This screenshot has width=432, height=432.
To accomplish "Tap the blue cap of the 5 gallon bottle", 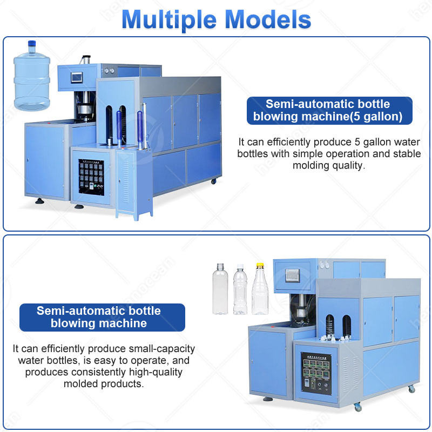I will [x=32, y=44].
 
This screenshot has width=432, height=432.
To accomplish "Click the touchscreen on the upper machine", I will [x=77, y=77].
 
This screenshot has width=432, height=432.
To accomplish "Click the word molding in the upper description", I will [x=314, y=166].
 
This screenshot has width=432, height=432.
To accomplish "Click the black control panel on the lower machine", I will [x=316, y=373].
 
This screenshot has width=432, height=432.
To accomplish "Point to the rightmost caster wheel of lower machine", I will [x=411, y=389].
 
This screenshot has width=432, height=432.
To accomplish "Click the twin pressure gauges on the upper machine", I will [x=109, y=70].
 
